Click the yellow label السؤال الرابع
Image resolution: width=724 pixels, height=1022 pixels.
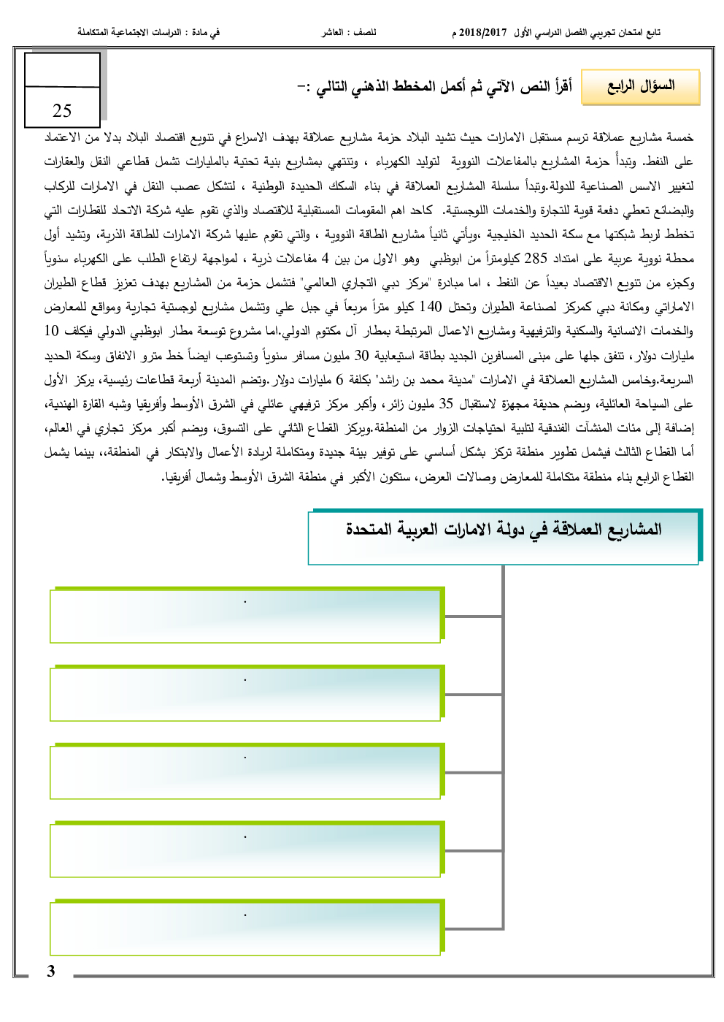641,87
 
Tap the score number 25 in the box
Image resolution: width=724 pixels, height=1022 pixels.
62,110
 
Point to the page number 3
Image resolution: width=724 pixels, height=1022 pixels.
51,971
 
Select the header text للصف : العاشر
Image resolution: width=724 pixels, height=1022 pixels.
349,33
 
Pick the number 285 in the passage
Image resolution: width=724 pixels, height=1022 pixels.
536,259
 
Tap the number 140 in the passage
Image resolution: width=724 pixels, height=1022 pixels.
431,307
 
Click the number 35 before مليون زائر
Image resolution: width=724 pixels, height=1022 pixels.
446,403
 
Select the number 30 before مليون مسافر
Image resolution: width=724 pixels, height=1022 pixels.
362,356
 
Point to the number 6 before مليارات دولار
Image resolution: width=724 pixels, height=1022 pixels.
339,380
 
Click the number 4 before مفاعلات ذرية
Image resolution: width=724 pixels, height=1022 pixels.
326,259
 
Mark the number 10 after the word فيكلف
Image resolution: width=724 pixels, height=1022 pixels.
51,331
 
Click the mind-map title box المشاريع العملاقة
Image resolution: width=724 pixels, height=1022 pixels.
504,538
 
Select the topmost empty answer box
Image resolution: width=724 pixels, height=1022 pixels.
245,617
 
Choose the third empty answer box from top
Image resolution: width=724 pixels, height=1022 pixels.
245,772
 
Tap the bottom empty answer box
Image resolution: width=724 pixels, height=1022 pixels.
245,929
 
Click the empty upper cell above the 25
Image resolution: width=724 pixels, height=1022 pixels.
63,70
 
